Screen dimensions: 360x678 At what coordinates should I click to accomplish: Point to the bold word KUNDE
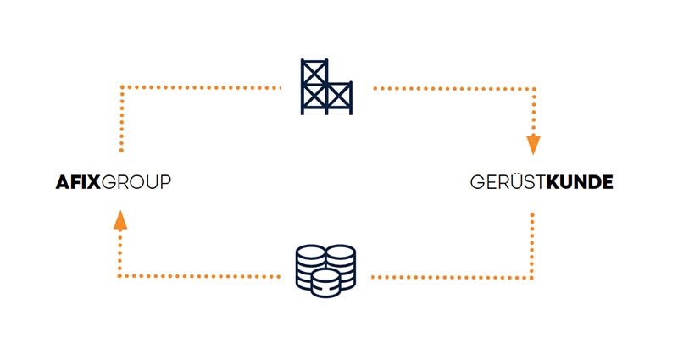580,182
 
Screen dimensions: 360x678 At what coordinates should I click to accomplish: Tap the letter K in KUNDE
553,182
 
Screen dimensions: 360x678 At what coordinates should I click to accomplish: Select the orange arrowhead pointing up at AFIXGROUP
120,219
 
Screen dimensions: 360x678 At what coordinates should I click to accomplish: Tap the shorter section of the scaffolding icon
339,97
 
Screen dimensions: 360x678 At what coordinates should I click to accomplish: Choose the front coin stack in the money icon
325,283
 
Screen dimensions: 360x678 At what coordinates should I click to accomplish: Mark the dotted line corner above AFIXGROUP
121,87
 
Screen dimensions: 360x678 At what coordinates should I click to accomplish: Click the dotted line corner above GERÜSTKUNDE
533,87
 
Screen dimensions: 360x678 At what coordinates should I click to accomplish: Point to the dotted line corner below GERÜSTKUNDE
532,277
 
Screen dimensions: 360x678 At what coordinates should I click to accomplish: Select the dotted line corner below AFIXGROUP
121,277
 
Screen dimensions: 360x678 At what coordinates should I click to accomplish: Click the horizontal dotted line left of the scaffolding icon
200,87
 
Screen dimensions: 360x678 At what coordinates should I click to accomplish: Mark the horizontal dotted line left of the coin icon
200,277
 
